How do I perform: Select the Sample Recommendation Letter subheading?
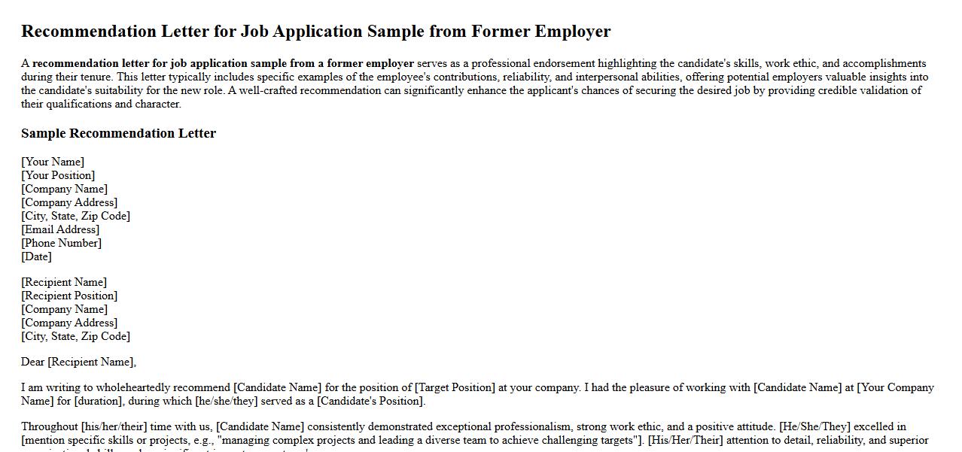[118, 134]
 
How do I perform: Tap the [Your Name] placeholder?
[53, 162]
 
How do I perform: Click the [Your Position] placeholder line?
[58, 175]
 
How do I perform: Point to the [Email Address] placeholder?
[60, 229]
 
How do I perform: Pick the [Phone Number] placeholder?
[61, 243]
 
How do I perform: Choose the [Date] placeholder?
[36, 256]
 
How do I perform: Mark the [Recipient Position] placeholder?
[69, 296]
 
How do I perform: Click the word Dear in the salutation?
[33, 362]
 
